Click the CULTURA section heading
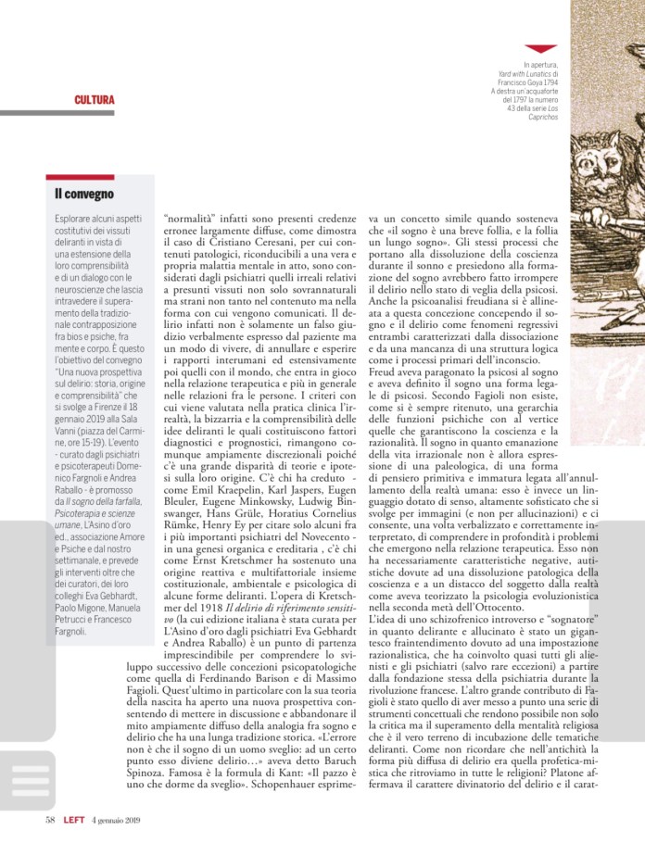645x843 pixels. click(x=95, y=99)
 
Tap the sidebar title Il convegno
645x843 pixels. click(x=84, y=194)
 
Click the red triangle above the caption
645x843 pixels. click(x=540, y=48)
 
